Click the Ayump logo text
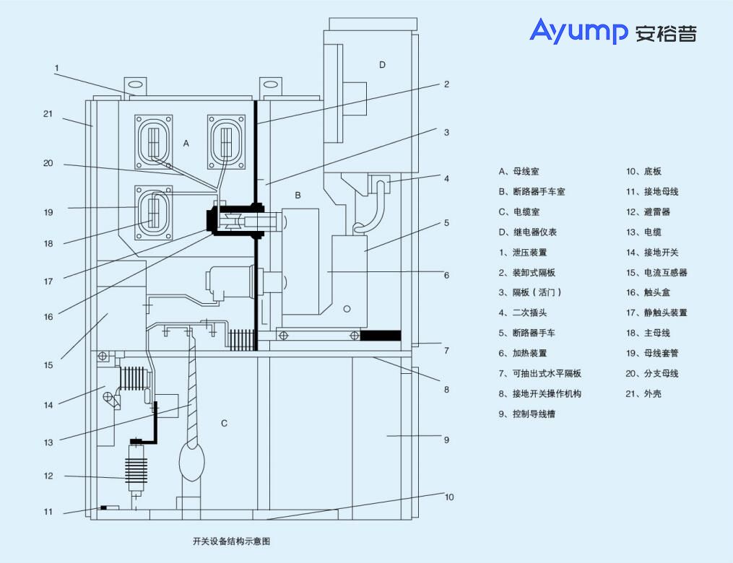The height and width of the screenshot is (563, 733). pyautogui.click(x=578, y=31)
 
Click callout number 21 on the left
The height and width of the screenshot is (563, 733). pyautogui.click(x=48, y=114)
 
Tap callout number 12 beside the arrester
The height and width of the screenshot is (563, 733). pyautogui.click(x=48, y=476)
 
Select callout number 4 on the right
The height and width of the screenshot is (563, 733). pyautogui.click(x=446, y=178)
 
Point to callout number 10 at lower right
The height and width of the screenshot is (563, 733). pyautogui.click(x=449, y=497)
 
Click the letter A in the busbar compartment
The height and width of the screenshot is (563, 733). pyautogui.click(x=186, y=144)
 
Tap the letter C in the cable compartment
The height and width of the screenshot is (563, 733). pyautogui.click(x=224, y=423)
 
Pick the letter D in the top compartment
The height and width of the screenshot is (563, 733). pyautogui.click(x=382, y=65)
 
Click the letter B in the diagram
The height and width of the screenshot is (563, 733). pyautogui.click(x=298, y=195)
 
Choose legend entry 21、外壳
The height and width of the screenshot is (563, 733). pyautogui.click(x=643, y=394)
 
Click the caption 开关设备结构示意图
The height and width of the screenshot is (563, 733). pyautogui.click(x=231, y=541)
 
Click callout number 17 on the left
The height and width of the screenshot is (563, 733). pyautogui.click(x=48, y=281)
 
